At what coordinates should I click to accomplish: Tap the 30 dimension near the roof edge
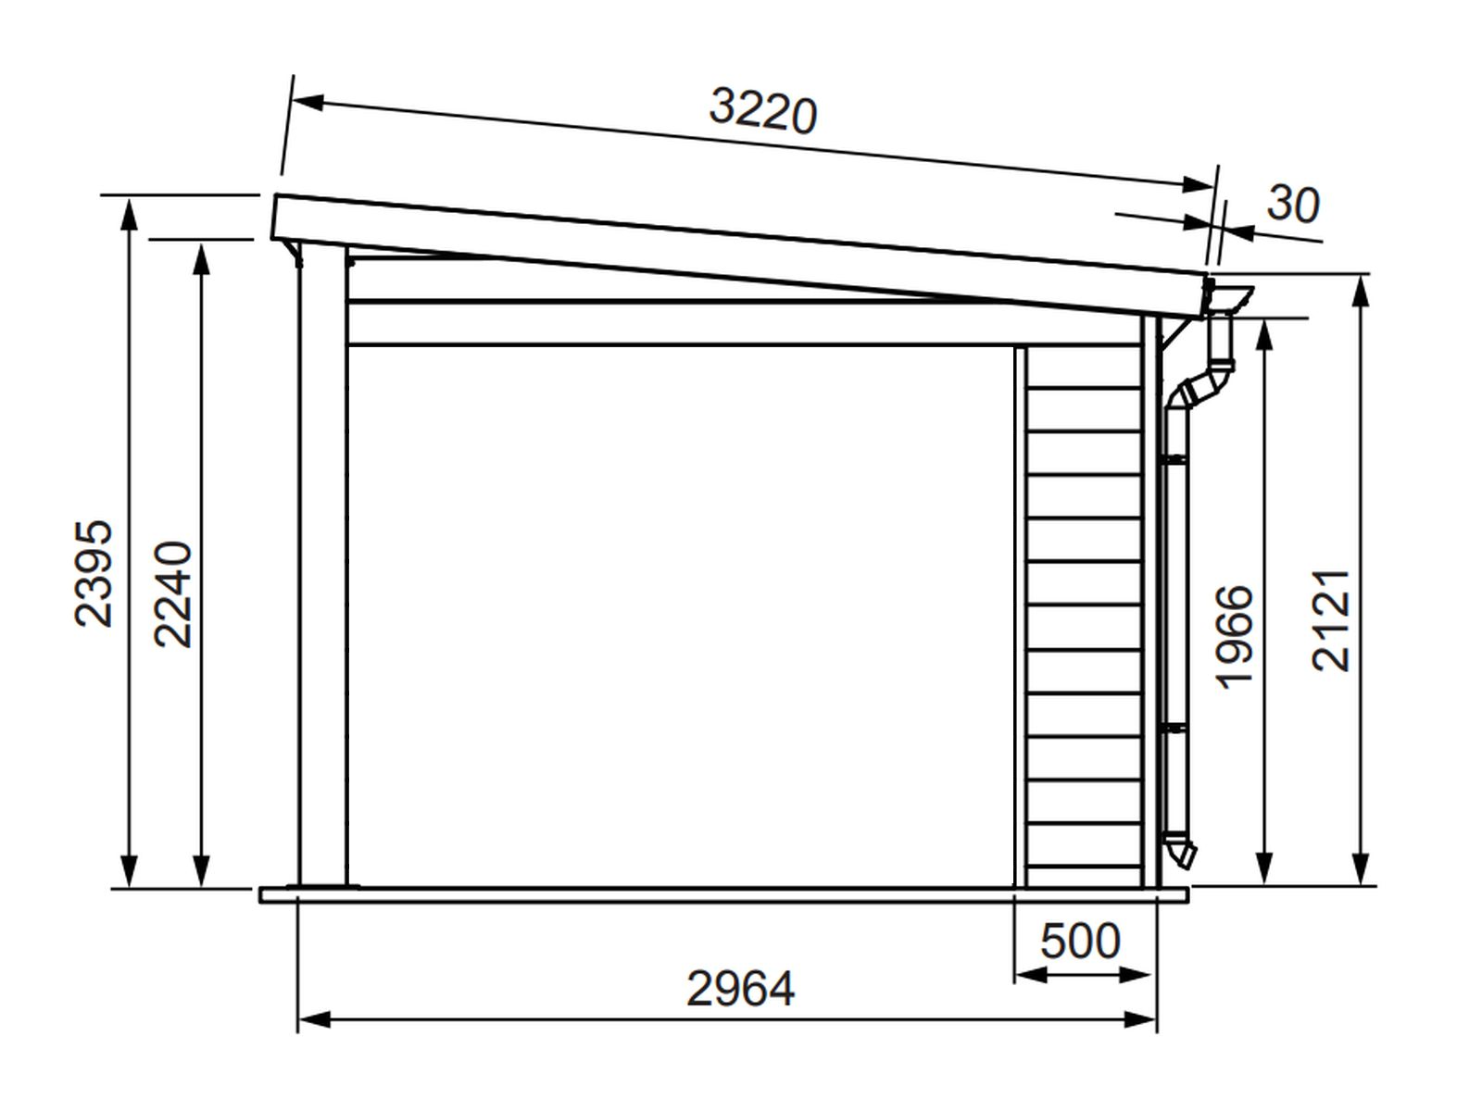1292,204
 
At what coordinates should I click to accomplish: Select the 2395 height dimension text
94,573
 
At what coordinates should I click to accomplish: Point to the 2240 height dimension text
173,593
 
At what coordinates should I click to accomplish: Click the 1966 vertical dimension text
1235,638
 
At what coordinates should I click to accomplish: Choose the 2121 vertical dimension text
1330,620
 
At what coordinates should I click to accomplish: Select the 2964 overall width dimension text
741,989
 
